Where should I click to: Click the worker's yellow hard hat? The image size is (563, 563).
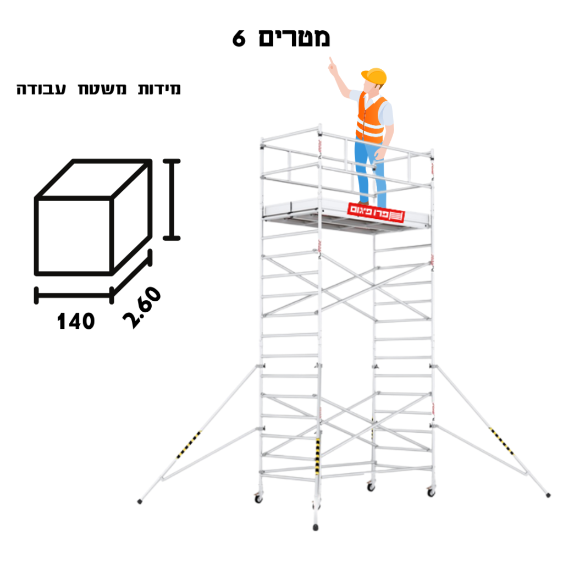click(x=374, y=76)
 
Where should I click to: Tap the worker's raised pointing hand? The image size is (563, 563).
click(x=333, y=67)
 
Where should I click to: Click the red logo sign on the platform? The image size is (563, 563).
click(x=376, y=213)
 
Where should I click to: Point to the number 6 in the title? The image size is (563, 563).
click(x=239, y=38)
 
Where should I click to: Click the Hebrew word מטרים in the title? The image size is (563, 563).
click(x=294, y=38)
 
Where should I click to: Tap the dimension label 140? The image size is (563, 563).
click(x=76, y=321)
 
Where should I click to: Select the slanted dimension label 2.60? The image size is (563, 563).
click(x=141, y=307)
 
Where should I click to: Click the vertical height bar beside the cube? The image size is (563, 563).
click(x=172, y=200)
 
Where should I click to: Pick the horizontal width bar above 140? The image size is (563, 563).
click(x=74, y=295)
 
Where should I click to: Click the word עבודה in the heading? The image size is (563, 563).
click(x=41, y=89)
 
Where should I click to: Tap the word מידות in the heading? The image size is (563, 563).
click(x=159, y=89)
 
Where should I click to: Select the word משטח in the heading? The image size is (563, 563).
click(x=102, y=89)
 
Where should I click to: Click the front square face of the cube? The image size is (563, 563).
click(x=74, y=236)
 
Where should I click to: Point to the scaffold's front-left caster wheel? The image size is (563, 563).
click(x=258, y=499)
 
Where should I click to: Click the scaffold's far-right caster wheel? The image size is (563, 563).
click(x=431, y=492)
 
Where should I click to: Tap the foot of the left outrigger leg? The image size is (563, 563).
click(x=140, y=501)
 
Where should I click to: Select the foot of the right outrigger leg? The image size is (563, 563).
click(x=548, y=495)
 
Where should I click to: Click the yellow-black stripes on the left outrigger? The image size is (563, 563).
click(x=189, y=444)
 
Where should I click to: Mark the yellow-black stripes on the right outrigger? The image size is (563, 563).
click(x=501, y=441)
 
